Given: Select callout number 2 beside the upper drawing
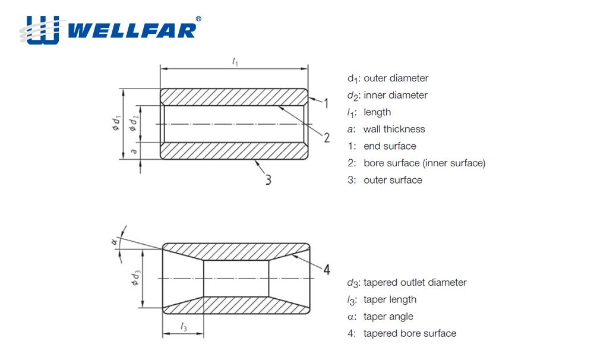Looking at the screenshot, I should pyautogui.click(x=326, y=138).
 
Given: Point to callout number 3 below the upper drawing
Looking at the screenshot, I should pyautogui.click(x=269, y=179).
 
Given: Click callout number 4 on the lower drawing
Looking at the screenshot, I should pyautogui.click(x=326, y=270).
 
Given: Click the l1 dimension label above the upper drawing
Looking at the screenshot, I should pyautogui.click(x=235, y=62).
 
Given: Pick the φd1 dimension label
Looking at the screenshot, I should pyautogui.click(x=117, y=124).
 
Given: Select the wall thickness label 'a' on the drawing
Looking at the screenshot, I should pyautogui.click(x=134, y=151).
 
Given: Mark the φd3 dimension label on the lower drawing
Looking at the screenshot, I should pyautogui.click(x=135, y=279).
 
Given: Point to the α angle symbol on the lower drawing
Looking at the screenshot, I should pyautogui.click(x=115, y=241).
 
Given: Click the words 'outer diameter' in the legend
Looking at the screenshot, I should pyautogui.click(x=396, y=78).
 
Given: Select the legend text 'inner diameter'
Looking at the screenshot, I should pyautogui.click(x=395, y=95).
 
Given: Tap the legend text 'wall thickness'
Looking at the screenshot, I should pyautogui.click(x=394, y=129).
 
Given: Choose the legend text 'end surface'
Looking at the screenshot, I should pyautogui.click(x=390, y=146).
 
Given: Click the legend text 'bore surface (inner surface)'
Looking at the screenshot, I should pyautogui.click(x=424, y=163).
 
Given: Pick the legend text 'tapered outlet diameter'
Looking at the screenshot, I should pyautogui.click(x=415, y=283).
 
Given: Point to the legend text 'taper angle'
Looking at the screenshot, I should pyautogui.click(x=388, y=317).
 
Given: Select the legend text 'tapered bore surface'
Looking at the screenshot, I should pyautogui.click(x=410, y=333).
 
